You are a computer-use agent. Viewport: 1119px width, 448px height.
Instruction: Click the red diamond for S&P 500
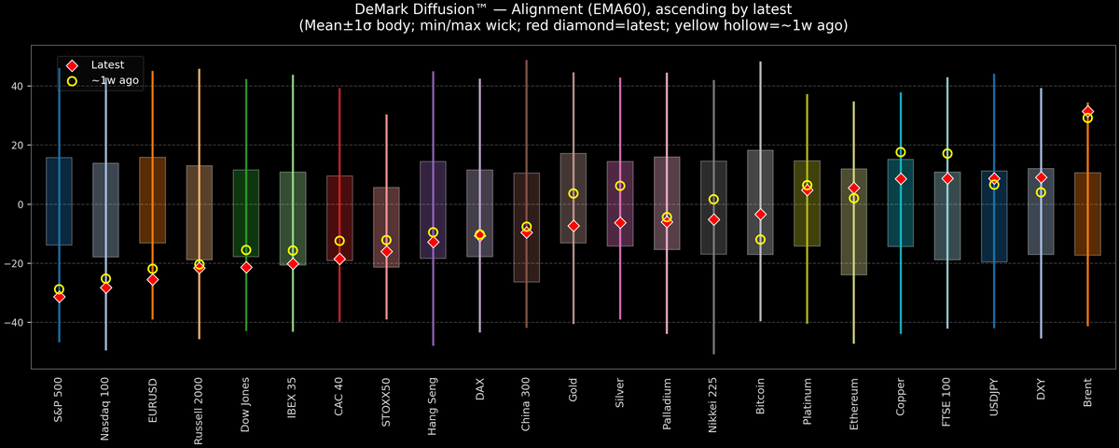pyautogui.click(x=60, y=297)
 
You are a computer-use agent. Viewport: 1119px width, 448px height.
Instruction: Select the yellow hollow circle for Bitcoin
pyautogui.click(x=761, y=240)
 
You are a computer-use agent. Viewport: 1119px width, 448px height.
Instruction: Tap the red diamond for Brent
pyautogui.click(x=1087, y=111)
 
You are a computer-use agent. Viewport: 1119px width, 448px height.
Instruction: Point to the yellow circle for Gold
pyautogui.click(x=573, y=193)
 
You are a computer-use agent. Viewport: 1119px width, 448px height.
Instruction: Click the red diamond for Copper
pyautogui.click(x=901, y=178)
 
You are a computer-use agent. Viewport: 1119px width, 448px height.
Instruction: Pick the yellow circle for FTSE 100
pyautogui.click(x=947, y=154)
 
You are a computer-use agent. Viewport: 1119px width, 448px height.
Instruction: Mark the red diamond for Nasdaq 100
pyautogui.click(x=106, y=287)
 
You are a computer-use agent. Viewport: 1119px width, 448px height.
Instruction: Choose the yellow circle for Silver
pyautogui.click(x=620, y=186)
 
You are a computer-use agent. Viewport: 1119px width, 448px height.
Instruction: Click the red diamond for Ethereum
pyautogui.click(x=854, y=189)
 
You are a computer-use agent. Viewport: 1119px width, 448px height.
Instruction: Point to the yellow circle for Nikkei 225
pyautogui.click(x=713, y=200)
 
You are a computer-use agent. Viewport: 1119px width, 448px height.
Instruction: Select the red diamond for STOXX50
pyautogui.click(x=387, y=251)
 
